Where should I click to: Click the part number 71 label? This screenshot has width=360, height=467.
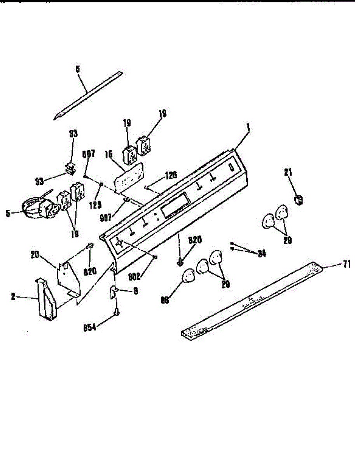(346, 265)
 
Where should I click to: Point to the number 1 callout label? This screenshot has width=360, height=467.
(248, 126)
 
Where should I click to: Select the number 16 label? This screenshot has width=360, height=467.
(108, 154)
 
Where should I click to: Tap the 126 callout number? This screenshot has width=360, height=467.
(170, 175)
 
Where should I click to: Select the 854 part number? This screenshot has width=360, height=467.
(89, 327)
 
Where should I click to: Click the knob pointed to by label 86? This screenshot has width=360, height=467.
(189, 276)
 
